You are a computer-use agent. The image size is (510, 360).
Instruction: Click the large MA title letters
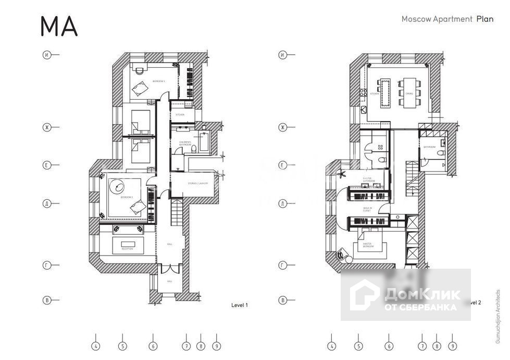[x=59, y=26]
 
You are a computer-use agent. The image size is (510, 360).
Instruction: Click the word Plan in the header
[x=484, y=19]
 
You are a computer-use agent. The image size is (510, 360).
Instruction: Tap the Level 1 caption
[x=239, y=305]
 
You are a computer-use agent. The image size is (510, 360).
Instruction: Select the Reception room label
[x=127, y=249]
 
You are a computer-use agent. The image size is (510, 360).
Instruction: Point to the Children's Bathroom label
[x=185, y=142]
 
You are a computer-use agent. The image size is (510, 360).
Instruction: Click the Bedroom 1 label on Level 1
[x=158, y=81]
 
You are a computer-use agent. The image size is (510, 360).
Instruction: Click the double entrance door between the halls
[x=169, y=271]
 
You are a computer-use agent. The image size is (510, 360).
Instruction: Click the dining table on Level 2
[x=409, y=92]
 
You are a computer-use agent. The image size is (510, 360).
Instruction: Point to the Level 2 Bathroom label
[x=429, y=147]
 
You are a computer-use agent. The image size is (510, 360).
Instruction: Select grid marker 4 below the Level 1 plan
[x=95, y=345]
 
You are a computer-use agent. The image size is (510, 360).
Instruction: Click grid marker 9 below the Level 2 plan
[x=453, y=345]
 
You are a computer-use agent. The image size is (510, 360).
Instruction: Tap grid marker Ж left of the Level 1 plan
[x=47, y=127]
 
